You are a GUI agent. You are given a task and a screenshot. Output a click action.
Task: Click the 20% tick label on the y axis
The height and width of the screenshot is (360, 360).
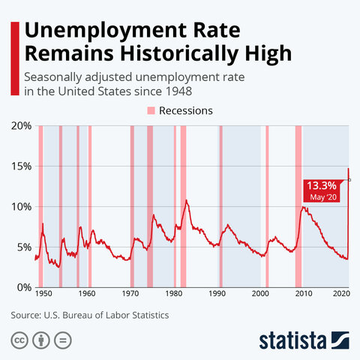click(x=19, y=125)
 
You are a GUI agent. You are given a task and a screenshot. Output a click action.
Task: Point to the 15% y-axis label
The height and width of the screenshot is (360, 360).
click(x=19, y=166)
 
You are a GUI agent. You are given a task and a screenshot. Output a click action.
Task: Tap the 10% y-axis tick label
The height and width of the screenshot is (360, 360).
click(x=19, y=206)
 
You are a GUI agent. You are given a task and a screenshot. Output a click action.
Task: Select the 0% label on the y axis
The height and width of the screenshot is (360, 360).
click(x=22, y=287)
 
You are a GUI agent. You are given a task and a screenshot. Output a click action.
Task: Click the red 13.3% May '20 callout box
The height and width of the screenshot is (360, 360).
click(x=322, y=190)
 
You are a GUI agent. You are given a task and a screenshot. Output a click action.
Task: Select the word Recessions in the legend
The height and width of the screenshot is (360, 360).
click(x=186, y=110)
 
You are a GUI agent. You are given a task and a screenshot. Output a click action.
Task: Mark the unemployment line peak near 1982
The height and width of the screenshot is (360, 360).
click(x=186, y=200)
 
